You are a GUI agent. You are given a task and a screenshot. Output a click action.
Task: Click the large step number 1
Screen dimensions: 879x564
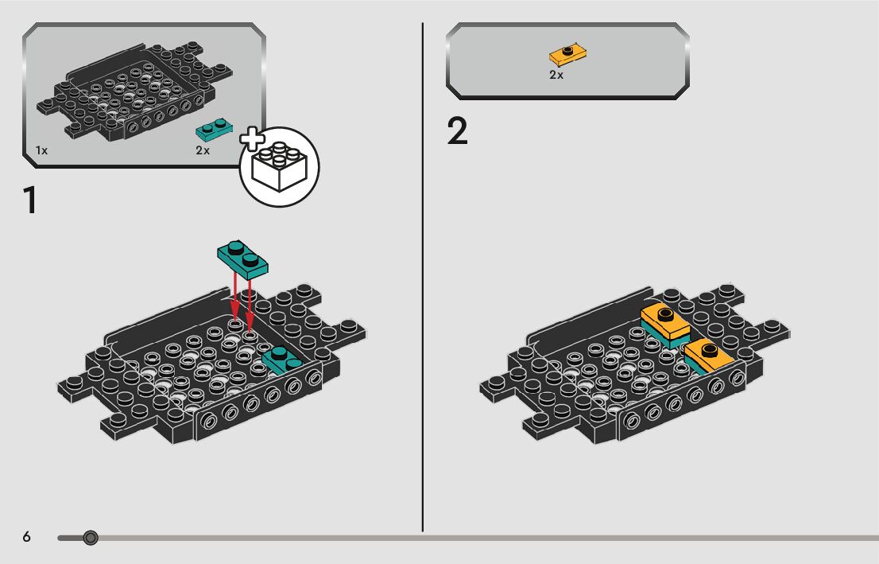(30, 200)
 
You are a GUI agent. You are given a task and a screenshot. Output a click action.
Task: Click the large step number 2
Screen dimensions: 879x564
(458, 132)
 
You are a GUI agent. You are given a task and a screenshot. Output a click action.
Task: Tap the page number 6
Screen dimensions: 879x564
(26, 538)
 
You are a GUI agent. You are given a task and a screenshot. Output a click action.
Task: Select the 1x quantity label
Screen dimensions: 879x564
(41, 150)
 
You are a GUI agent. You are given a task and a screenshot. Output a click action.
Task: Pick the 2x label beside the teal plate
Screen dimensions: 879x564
(203, 150)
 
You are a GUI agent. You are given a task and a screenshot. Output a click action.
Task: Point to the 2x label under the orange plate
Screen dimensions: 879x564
(556, 75)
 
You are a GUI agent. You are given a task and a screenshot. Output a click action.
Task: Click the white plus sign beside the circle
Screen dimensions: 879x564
(254, 140)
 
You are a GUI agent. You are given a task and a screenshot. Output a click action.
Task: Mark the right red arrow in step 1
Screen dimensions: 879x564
(250, 302)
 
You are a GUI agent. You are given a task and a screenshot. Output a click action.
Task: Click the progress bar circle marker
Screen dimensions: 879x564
(91, 539)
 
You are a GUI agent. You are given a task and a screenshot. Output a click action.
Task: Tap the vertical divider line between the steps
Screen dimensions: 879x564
(422, 278)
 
